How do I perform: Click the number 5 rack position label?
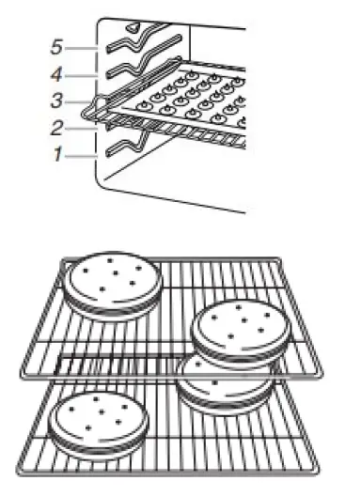click(x=59, y=44)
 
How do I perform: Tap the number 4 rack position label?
click(x=59, y=71)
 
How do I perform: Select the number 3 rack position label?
click(x=57, y=100)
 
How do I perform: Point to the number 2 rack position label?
click(x=58, y=127)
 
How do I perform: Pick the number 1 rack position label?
click(x=57, y=154)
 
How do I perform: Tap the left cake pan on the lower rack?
click(x=94, y=421)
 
